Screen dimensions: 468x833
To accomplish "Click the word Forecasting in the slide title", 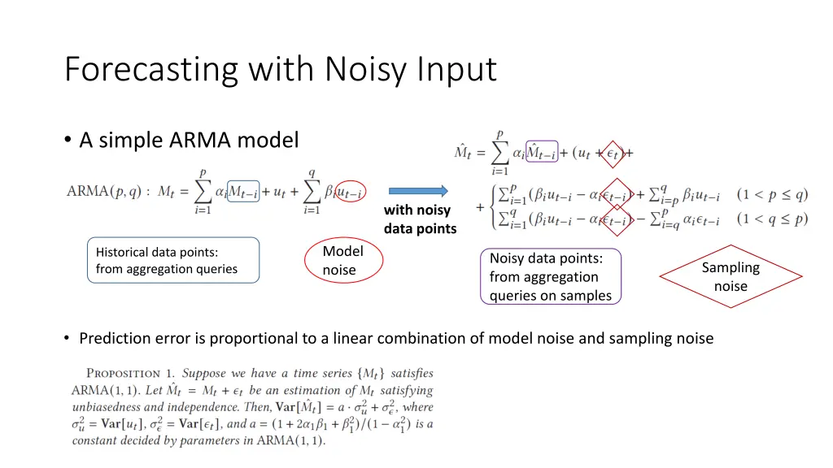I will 151,70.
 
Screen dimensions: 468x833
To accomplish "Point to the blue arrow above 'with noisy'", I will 418,191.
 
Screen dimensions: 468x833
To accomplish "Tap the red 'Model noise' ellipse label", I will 342,260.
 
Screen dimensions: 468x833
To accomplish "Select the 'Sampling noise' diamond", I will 731,276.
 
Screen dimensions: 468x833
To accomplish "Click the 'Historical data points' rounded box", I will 173,260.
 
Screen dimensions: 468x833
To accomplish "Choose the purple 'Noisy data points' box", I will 551,276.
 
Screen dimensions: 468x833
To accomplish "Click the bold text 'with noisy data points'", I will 420,219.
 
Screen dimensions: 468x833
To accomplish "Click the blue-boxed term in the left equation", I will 242,192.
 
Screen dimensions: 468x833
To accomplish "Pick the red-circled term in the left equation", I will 350,192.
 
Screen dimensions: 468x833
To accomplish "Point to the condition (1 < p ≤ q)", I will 773,195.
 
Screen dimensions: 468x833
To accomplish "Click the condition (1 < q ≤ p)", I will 773,219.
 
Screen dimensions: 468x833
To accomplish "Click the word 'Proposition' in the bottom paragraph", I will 124,374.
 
